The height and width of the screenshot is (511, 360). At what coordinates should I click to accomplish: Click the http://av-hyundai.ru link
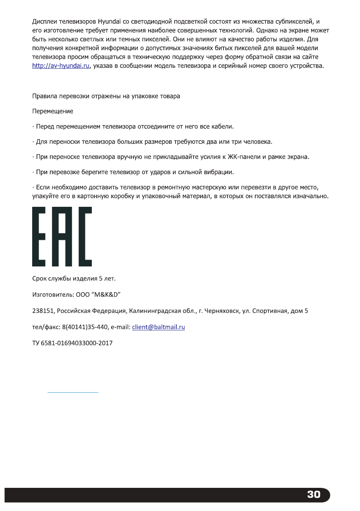click(61, 66)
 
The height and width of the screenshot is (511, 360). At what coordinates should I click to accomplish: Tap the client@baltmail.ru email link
click(158, 327)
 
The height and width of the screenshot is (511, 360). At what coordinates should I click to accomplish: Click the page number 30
click(314, 494)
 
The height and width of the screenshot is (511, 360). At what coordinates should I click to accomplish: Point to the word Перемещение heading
click(53, 112)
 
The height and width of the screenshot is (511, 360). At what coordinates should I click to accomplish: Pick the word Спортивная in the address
click(278, 311)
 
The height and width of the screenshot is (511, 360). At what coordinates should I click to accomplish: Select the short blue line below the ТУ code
click(73, 392)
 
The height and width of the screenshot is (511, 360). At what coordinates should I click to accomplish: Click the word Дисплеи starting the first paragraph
click(46, 21)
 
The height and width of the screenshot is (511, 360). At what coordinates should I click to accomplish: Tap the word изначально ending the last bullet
click(310, 197)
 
